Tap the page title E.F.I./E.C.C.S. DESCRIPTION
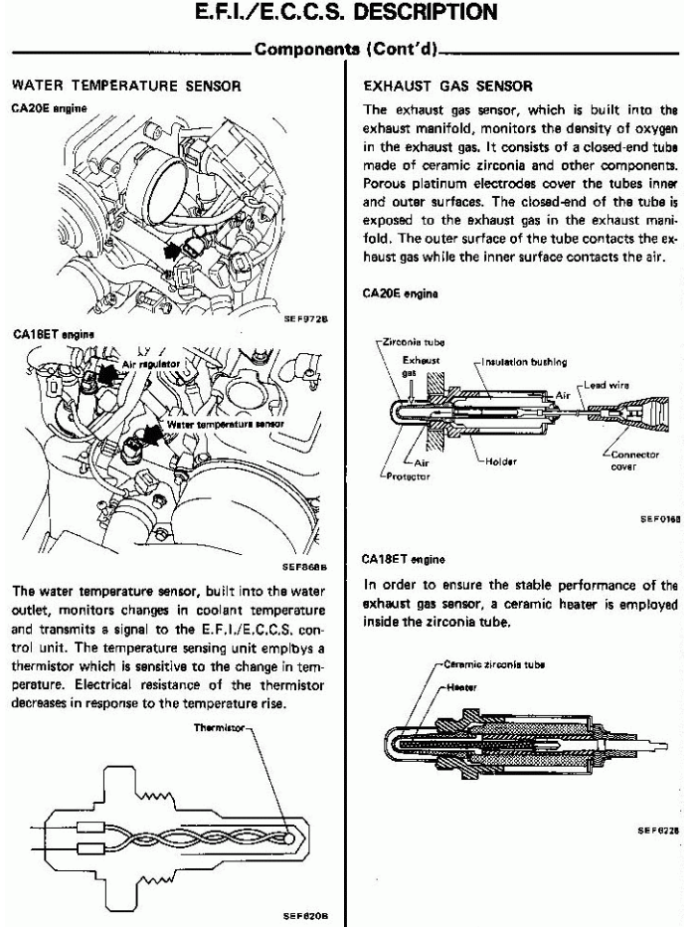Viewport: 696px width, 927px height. pos(347,14)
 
